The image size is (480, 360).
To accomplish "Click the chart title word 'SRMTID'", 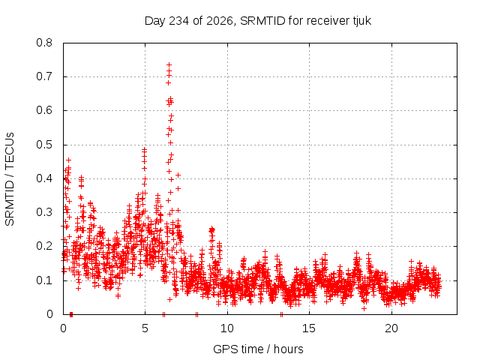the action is coord(262,21).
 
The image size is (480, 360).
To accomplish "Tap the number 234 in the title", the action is coord(179,21).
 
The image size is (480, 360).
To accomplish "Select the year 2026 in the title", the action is coord(220,21).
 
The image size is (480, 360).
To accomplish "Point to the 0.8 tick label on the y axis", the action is coord(44,43).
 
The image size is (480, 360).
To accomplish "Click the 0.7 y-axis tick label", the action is coord(44,76).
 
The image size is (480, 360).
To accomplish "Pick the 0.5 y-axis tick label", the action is coord(44,145).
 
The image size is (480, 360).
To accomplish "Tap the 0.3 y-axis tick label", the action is coord(44,212).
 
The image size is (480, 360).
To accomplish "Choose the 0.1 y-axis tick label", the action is coord(44,280).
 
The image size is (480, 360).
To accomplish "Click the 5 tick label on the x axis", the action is coord(145,328).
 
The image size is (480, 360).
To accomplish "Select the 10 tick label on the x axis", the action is coord(226,328).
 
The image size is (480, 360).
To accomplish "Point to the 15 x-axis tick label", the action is coord(309,328).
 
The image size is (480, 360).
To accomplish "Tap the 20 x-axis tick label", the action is coord(391,328).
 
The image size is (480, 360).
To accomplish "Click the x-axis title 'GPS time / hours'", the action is coord(258,349).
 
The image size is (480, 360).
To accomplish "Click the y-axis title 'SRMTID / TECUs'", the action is coord(10,179).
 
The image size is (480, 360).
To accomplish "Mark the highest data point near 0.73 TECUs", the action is coord(169,65).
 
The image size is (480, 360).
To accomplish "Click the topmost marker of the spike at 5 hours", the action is coord(145,149).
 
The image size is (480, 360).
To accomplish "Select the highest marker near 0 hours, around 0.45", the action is coord(69,160).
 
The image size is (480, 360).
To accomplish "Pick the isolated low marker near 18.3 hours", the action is coord(364,308).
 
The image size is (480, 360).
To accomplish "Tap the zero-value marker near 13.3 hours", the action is coord(281,314).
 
